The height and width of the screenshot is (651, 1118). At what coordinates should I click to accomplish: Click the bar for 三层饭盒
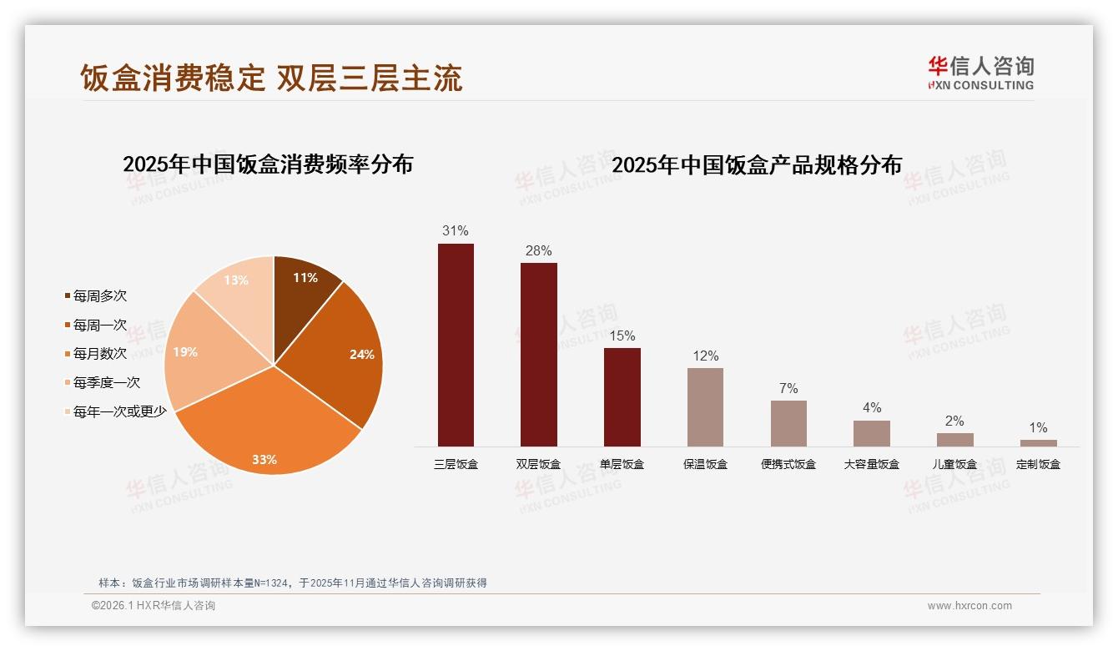(456, 345)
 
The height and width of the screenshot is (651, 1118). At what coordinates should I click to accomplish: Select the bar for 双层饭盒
(538, 355)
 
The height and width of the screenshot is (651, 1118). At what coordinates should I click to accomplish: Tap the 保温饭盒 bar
(705, 407)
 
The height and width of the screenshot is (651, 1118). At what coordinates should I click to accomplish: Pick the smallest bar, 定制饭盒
(1038, 443)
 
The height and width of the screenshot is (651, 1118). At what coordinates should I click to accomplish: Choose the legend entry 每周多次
(99, 296)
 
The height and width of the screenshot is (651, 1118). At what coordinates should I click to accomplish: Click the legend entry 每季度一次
(106, 383)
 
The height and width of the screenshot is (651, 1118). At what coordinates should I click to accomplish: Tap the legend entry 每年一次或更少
(119, 411)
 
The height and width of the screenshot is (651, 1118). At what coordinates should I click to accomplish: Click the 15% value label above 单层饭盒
(622, 336)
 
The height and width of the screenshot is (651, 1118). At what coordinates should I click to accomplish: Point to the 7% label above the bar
(788, 388)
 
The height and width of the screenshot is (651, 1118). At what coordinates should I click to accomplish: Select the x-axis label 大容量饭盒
(871, 464)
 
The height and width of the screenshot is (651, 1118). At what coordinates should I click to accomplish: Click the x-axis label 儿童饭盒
(954, 464)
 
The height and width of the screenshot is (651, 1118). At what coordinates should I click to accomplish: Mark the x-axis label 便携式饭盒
(788, 464)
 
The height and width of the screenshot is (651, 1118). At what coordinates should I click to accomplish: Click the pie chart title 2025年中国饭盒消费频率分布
(268, 164)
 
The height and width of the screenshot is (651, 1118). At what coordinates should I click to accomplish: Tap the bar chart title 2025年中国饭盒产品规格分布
(757, 165)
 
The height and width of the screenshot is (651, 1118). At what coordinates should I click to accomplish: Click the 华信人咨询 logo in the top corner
(980, 73)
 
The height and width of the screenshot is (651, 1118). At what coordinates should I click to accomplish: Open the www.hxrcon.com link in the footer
(969, 606)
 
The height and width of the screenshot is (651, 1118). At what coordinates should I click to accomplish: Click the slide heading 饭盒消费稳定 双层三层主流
(271, 78)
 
